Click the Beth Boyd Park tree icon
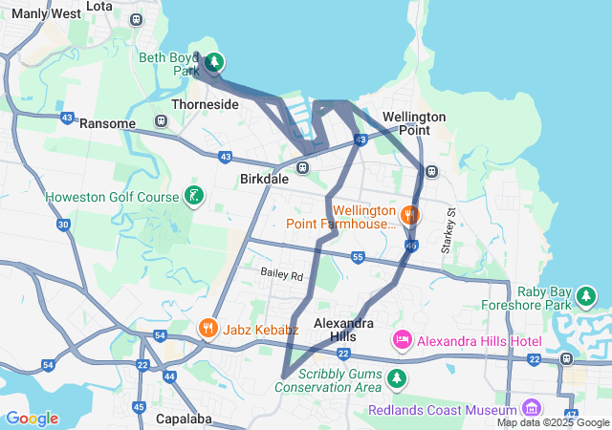tap(215, 63)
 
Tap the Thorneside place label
tap(204, 104)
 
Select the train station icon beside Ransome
tap(160, 122)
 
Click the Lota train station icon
tap(137, 18)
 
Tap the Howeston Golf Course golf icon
tap(194, 197)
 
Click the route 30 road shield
tap(63, 225)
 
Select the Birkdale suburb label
tap(264, 178)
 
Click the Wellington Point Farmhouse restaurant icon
tap(410, 215)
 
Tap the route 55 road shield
tap(358, 257)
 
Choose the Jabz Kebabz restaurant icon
tap(208, 329)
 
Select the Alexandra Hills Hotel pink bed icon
tap(402, 339)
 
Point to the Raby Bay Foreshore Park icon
tap(585, 299)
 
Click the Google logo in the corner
tap(32, 419)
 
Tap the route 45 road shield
tap(139, 407)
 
